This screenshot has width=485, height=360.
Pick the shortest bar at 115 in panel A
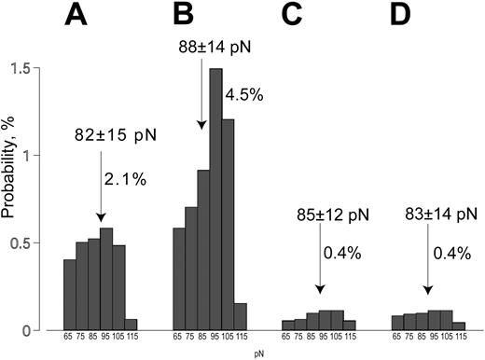coord(130,325)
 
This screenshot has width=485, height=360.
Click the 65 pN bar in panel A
coord(69,295)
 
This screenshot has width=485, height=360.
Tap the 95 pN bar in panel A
coord(105,279)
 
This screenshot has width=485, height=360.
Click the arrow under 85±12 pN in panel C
coord(318,266)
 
